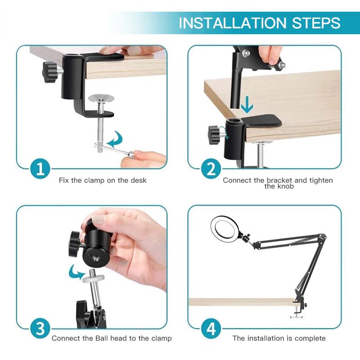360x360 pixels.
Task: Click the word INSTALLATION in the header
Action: pyautogui.click(x=232, y=23)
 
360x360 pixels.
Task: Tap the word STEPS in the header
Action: pyautogui.click(x=316, y=23)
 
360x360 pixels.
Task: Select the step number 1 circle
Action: pyautogui.click(x=40, y=169)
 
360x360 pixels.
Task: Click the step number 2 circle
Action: pyautogui.click(x=211, y=169)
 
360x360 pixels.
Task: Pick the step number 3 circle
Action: pyautogui.click(x=40, y=328)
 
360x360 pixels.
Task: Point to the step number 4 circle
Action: pyautogui.click(x=211, y=328)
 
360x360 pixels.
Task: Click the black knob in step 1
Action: pyautogui.click(x=50, y=72)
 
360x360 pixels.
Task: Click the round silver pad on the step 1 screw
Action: pyautogui.click(x=101, y=98)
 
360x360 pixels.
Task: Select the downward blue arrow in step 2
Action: pyautogui.click(x=247, y=105)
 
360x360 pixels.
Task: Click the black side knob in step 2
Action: pyautogui.click(x=214, y=135)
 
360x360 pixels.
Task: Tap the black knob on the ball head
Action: pyautogui.click(x=74, y=244)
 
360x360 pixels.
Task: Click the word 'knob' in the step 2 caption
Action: pyautogui.click(x=285, y=186)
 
